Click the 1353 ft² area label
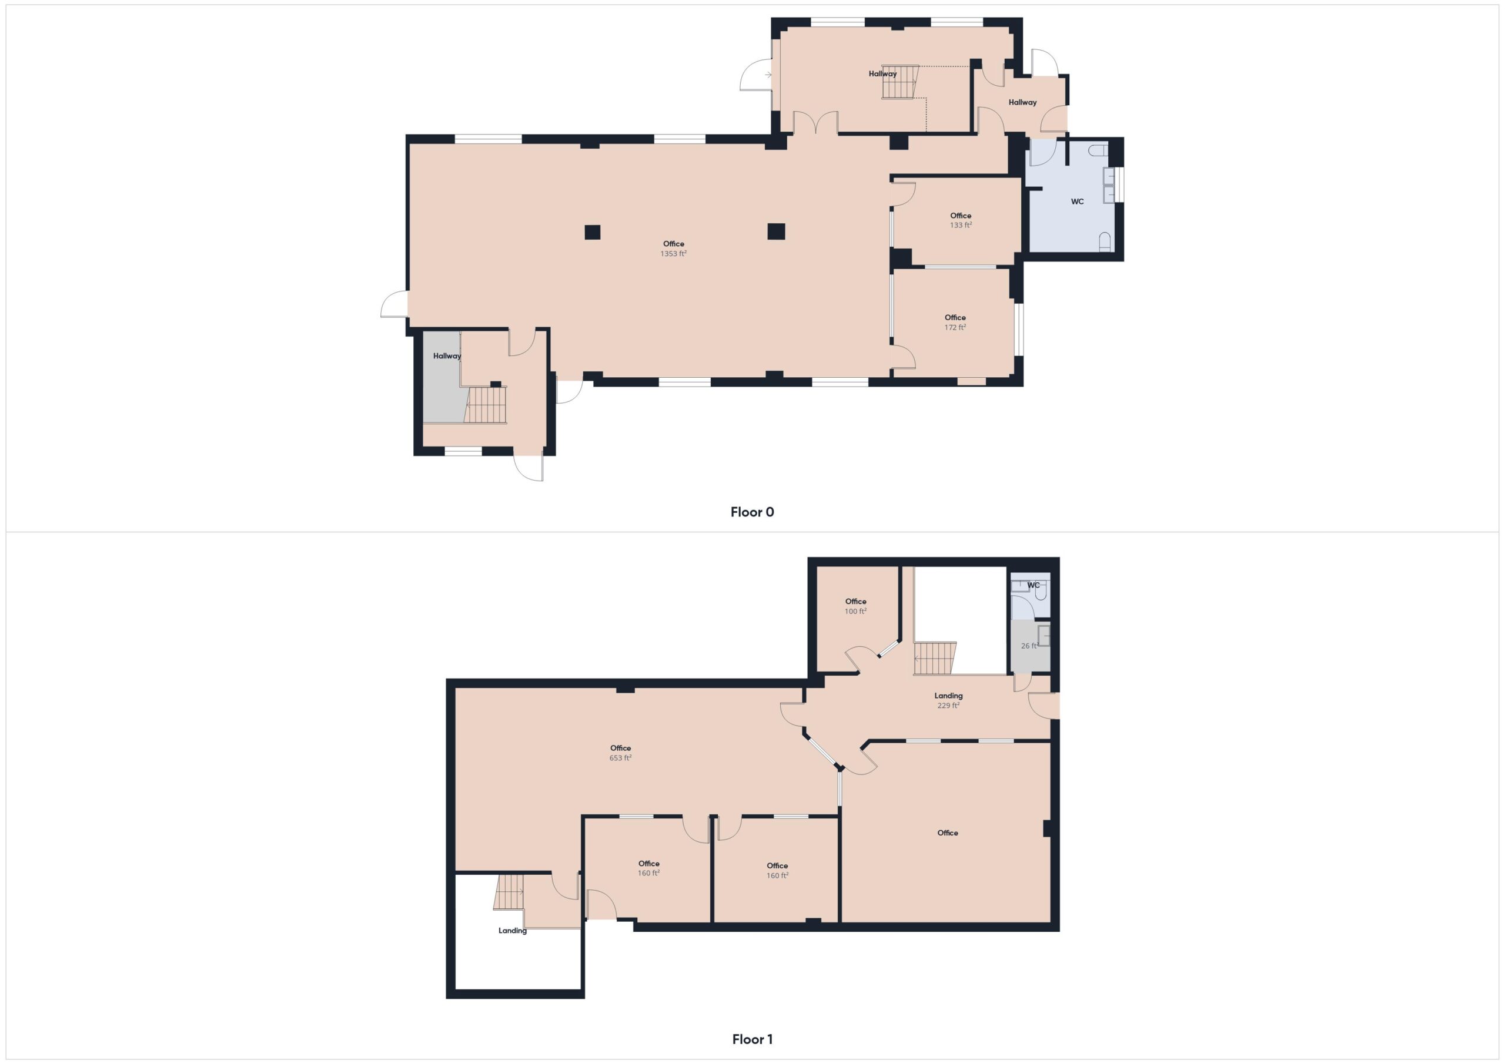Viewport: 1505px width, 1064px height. tap(673, 254)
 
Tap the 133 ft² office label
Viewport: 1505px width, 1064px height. tap(961, 224)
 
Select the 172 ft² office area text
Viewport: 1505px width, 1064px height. tap(955, 327)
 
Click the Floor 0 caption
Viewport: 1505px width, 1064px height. tap(752, 512)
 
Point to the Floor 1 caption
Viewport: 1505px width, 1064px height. tap(752, 1039)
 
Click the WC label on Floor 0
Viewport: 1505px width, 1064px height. tap(1078, 202)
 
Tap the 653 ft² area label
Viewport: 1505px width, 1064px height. tap(620, 758)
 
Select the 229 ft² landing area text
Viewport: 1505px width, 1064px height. tap(948, 706)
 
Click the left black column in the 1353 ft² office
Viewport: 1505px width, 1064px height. tap(593, 232)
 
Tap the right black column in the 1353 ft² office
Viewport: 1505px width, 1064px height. tap(776, 231)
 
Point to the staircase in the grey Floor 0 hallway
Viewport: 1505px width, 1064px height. tap(486, 405)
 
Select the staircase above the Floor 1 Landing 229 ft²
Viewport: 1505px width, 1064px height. tap(935, 658)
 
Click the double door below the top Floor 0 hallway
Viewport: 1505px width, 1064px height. tap(815, 123)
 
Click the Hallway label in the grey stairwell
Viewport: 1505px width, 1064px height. tap(447, 357)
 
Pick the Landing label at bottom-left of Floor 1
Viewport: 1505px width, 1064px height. tap(513, 931)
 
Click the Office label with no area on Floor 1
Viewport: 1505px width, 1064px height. tap(948, 833)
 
